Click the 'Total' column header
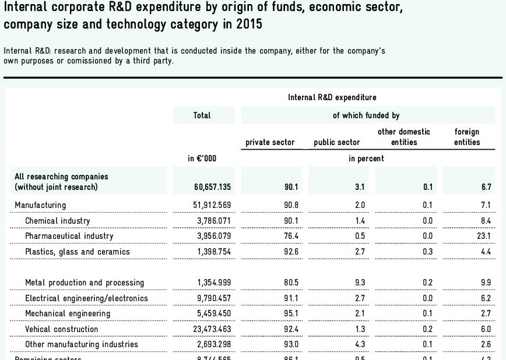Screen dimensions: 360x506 click(x=202, y=115)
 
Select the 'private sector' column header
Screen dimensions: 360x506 click(x=270, y=142)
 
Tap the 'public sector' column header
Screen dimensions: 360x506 click(x=337, y=142)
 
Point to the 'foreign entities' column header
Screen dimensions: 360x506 click(x=467, y=137)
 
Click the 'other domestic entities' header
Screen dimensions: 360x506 click(x=404, y=137)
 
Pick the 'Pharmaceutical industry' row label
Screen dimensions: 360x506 click(x=69, y=236)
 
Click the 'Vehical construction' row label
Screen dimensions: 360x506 click(x=62, y=329)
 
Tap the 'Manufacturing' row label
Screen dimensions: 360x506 click(x=40, y=205)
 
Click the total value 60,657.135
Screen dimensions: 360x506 click(x=208, y=187)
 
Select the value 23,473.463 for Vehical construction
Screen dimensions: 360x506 click(x=210, y=329)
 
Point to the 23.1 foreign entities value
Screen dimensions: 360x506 click(x=484, y=236)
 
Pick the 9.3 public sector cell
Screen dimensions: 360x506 click(x=360, y=283)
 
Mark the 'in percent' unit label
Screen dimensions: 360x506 click(x=366, y=158)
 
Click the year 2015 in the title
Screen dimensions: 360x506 click(x=249, y=26)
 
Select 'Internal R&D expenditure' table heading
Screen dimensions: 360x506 click(x=332, y=97)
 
